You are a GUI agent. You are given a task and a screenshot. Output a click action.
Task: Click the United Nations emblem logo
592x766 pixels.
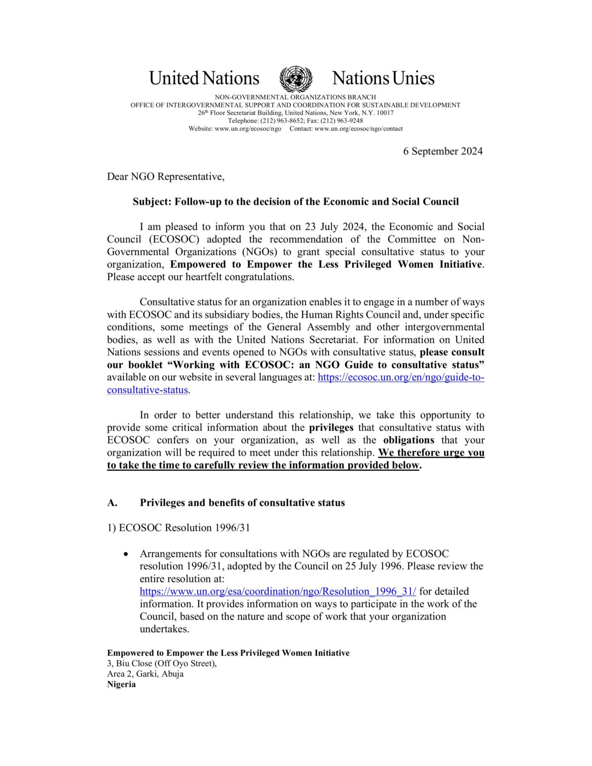296,79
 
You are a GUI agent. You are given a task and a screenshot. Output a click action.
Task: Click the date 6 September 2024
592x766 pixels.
442,151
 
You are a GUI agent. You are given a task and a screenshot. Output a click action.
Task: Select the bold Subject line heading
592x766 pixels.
295,201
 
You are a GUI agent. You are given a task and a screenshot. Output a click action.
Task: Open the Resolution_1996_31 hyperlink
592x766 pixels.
277,591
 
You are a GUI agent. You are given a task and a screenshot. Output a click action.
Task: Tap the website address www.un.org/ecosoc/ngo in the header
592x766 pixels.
247,129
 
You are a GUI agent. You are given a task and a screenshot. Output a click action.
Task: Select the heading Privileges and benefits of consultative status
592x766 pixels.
242,503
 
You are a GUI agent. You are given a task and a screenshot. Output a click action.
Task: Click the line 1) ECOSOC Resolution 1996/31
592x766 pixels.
178,528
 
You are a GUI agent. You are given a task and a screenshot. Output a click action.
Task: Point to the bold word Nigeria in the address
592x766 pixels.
121,684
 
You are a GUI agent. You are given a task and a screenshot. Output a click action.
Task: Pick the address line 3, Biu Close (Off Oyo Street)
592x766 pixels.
162,663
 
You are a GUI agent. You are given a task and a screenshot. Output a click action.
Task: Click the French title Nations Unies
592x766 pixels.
383,78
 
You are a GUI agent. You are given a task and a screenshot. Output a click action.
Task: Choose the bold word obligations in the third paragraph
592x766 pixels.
408,440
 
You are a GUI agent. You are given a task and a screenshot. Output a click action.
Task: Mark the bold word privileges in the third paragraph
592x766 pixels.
331,427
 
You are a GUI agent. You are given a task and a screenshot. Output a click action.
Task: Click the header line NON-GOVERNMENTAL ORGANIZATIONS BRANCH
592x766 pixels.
295,97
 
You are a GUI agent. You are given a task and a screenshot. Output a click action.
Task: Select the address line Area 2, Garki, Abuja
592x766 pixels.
145,674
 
